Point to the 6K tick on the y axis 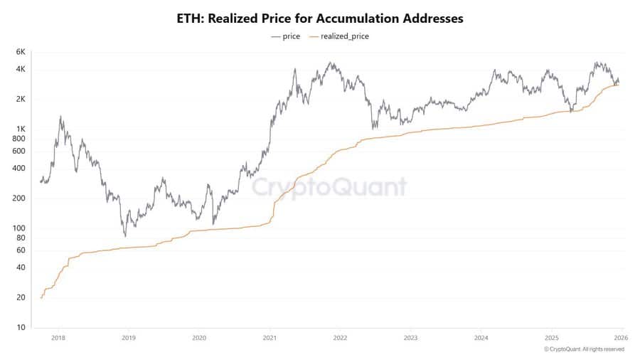(21, 52)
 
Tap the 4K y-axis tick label (21, 69)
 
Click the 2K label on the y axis (21, 99)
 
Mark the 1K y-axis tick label (21, 129)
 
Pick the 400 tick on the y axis (19, 169)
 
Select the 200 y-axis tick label (19, 198)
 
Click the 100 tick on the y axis (19, 228)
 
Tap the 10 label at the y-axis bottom (21, 328)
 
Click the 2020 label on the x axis (199, 339)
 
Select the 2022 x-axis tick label (340, 339)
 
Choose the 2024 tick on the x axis (481, 339)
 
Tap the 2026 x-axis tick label (620, 339)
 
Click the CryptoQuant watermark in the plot (330, 187)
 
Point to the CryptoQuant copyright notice (584, 349)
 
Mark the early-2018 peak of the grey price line (60, 117)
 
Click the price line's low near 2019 (125, 235)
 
